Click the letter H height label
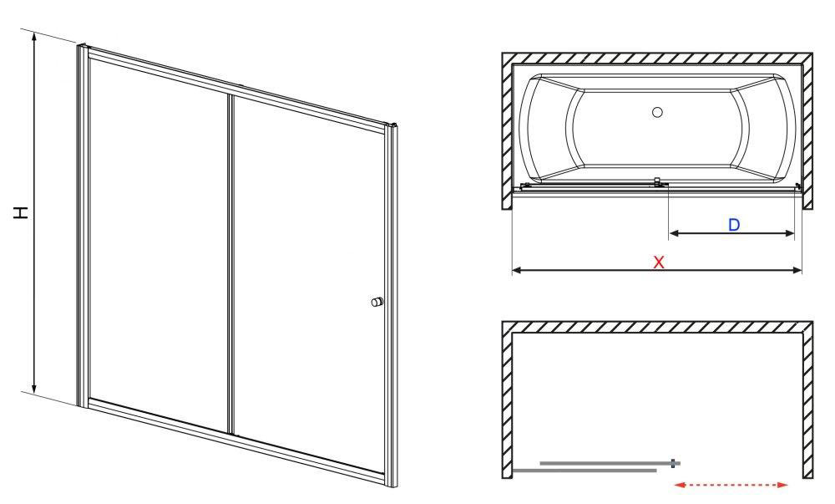pos(21,212)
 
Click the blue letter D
pos(734,224)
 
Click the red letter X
pos(659,262)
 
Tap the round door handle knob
pos(377,302)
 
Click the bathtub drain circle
pos(658,112)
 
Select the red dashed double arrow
pos(731,485)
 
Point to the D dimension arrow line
pos(731,233)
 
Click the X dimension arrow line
pos(656,271)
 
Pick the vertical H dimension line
pos(34,212)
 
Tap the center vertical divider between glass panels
pos(231,264)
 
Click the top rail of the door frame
pos(237,88)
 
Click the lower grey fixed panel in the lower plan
pos(584,471)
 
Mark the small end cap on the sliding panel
pos(675,464)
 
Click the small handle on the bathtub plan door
pos(658,181)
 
